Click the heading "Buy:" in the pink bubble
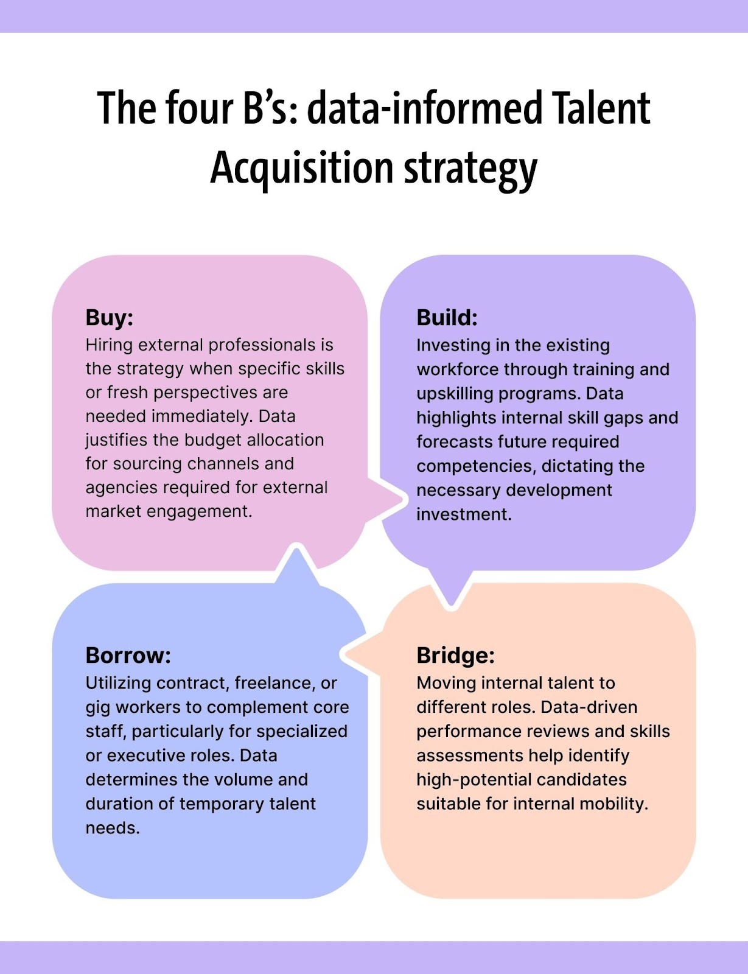pyautogui.click(x=109, y=318)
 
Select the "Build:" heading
pyautogui.click(x=447, y=318)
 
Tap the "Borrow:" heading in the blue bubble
pyautogui.click(x=128, y=656)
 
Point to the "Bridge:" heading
pyautogui.click(x=455, y=656)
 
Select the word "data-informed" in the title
pyautogui.click(x=424, y=108)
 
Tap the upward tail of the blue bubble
pyautogui.click(x=296, y=563)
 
